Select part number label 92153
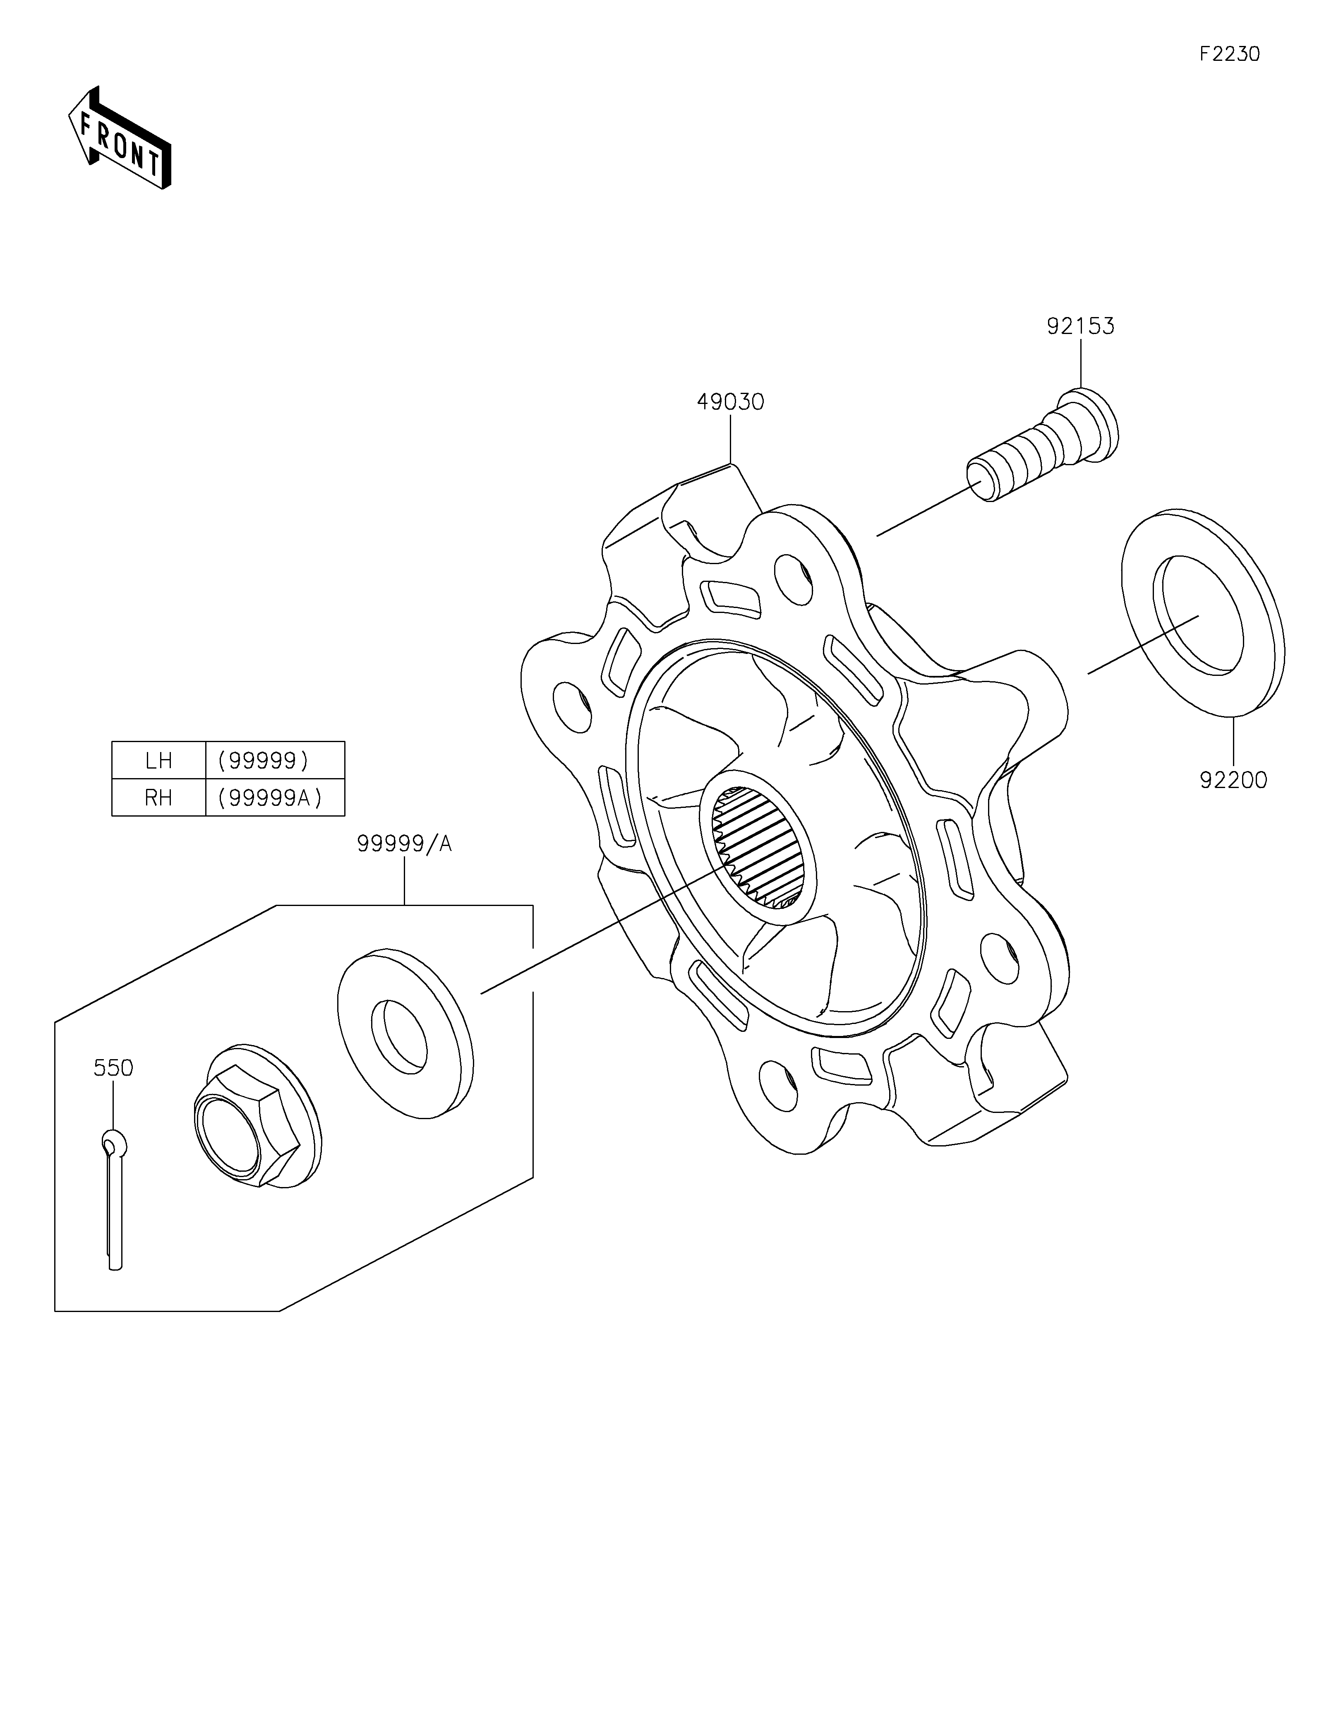[1080, 326]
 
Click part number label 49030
[731, 402]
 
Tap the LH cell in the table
[159, 760]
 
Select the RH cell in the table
[159, 798]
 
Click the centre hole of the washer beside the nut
[399, 1036]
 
